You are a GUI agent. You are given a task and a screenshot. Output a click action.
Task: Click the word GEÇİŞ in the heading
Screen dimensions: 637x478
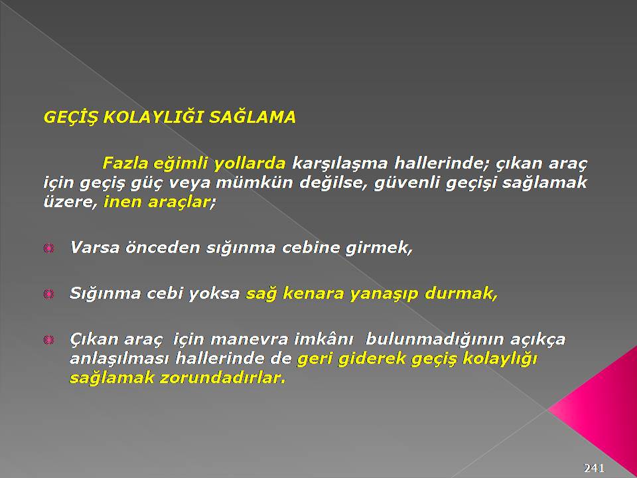71,118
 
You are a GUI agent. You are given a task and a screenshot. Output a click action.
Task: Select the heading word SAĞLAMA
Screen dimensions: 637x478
252,117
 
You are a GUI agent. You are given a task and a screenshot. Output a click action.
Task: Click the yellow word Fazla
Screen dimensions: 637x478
125,163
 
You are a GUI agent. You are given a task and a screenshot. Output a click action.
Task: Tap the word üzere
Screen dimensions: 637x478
71,202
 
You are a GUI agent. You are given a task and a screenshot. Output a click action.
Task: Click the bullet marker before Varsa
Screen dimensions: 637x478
48,248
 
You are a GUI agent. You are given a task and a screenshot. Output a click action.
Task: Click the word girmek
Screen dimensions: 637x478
379,248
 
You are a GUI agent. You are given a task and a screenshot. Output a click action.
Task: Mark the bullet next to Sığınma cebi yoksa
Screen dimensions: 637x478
48,293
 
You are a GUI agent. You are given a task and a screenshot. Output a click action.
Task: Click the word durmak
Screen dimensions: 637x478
460,293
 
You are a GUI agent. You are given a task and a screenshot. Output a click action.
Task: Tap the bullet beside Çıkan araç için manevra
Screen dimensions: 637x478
48,339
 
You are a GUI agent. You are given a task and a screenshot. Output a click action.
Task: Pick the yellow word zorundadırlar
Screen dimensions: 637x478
223,378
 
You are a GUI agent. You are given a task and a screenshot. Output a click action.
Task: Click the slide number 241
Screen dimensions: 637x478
594,467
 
